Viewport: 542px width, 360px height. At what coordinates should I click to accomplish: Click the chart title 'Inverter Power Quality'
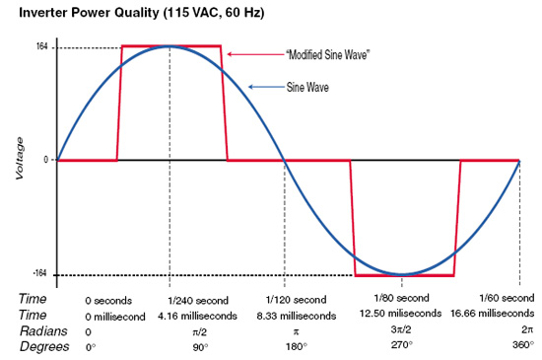[89, 13]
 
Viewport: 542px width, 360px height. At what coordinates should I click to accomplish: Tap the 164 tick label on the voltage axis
[41, 46]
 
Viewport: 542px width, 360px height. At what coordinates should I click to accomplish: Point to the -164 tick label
[39, 273]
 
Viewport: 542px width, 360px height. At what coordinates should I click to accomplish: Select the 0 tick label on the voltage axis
[46, 160]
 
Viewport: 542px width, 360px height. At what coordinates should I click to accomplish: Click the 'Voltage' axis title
[20, 159]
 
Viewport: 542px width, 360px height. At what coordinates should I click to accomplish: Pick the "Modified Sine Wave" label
[328, 54]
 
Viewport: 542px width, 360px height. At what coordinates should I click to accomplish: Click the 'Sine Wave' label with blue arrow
[307, 87]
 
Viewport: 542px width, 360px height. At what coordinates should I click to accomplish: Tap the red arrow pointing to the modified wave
[255, 54]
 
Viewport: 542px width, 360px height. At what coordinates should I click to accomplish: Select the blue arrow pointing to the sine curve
[266, 87]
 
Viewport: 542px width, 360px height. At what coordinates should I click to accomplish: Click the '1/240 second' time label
[198, 301]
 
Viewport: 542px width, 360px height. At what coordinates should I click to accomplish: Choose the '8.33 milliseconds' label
[297, 316]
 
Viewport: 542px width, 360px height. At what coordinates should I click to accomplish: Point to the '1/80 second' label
[402, 298]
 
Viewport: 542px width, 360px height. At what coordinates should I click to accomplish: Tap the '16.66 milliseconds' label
[492, 313]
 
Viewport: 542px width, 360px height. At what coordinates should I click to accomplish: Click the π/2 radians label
[200, 332]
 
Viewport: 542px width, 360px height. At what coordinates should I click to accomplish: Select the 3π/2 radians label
[401, 329]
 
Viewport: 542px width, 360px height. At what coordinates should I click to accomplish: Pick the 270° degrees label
[402, 345]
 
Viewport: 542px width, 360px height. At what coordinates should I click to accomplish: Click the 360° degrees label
[523, 345]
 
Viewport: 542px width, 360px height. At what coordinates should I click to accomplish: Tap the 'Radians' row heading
[43, 331]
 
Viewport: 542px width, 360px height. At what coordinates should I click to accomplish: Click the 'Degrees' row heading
[44, 346]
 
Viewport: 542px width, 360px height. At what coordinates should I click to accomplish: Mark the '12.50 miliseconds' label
[400, 313]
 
